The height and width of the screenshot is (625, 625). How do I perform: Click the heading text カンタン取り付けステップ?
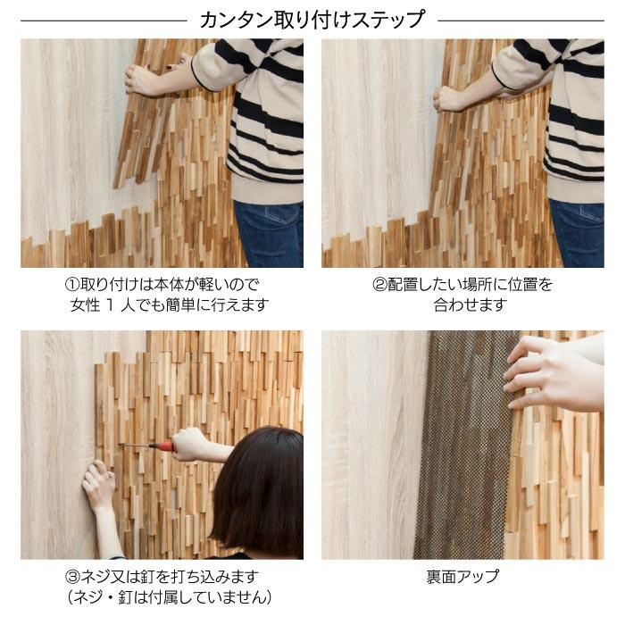pyautogui.click(x=312, y=19)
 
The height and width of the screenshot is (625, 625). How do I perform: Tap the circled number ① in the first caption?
pyautogui.click(x=73, y=285)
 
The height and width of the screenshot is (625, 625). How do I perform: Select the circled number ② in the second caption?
pyautogui.click(x=379, y=285)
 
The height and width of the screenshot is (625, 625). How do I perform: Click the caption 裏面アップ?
pyautogui.click(x=462, y=576)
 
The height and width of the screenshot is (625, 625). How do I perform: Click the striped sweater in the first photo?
pyautogui.click(x=259, y=116)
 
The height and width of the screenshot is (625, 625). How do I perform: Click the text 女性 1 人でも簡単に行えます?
pyautogui.click(x=170, y=305)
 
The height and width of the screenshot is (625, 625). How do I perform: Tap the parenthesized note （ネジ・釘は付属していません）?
pyautogui.click(x=170, y=596)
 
